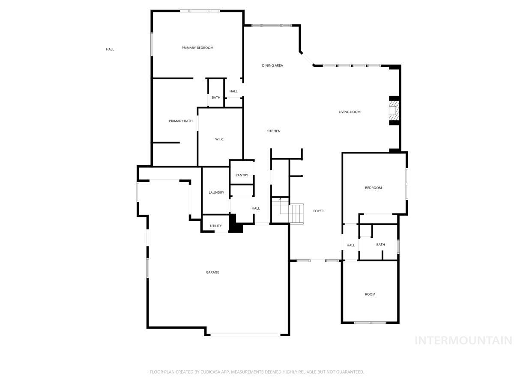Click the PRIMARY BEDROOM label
coord(197,48)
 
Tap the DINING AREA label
coord(272,65)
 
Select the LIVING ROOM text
coord(350,112)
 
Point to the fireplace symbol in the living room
coord(394,112)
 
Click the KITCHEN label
coord(273,131)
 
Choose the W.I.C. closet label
coord(220,139)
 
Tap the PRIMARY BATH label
coord(181,121)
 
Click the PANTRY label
coord(242,175)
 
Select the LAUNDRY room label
coord(216,192)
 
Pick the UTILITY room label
coord(216,226)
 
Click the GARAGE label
coord(212,272)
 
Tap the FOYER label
coord(318,211)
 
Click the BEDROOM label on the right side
coord(373,188)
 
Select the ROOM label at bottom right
coord(370,294)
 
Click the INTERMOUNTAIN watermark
coord(463,341)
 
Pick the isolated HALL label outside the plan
coord(110,50)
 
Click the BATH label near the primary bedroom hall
coord(216,98)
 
